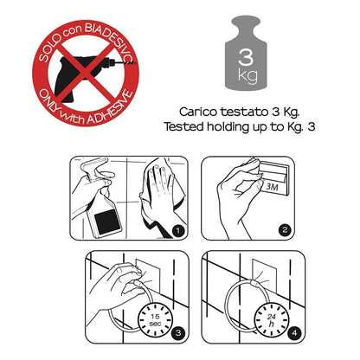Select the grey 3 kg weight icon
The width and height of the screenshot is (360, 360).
coord(246,53)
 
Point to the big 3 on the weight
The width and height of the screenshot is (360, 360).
coord(246,56)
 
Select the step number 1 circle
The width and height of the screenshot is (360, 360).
coord(178,230)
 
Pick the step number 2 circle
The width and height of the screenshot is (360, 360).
coord(285,230)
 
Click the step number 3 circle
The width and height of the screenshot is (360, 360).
coord(178,333)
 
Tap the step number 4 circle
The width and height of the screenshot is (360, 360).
coord(294,333)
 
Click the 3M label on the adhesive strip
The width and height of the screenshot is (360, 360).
coord(272,187)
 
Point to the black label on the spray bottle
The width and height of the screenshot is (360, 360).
coord(107,222)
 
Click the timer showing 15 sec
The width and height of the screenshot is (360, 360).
coord(155,320)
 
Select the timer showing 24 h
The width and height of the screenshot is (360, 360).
coord(271,320)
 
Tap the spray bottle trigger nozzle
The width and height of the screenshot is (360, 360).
coord(92,168)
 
